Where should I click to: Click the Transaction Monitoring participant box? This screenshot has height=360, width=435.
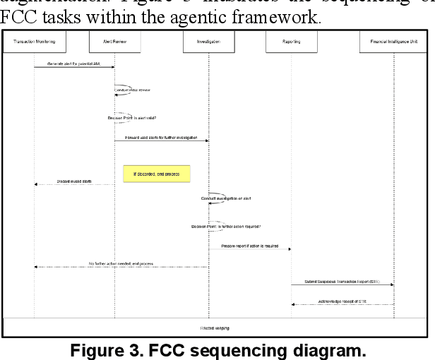34,42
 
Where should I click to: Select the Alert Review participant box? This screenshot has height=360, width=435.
114,42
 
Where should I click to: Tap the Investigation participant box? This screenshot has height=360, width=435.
208,42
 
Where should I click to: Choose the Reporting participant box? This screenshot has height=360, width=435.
292,42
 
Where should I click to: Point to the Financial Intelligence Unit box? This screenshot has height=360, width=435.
394,42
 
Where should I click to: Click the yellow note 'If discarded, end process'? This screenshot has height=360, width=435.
156,173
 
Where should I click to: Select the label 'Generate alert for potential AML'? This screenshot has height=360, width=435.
74,64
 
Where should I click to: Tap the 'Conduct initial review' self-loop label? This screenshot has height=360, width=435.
132,90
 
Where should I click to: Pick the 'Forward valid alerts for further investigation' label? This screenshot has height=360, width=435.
161,137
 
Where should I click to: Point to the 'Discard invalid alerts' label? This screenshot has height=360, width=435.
74,181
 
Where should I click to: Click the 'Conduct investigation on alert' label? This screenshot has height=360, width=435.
226,198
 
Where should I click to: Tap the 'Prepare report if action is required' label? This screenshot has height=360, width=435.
250,246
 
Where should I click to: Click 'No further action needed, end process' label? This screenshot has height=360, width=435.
121,263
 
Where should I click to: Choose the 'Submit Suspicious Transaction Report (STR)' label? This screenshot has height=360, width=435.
342,281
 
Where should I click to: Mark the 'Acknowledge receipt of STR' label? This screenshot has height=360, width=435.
342,301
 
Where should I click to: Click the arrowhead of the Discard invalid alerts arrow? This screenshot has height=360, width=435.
36,184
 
